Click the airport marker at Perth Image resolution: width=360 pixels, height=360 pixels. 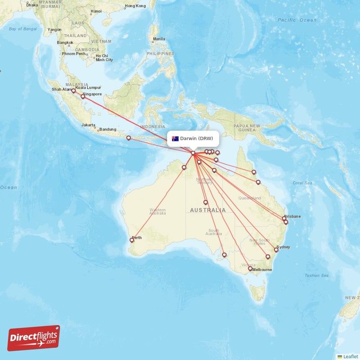click(132, 240)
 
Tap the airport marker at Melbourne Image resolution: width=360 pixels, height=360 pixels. click(250, 269)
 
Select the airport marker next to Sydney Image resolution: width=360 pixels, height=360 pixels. click(276, 250)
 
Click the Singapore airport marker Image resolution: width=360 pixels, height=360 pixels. click(83, 96)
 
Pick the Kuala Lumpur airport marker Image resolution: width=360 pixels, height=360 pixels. click(73, 90)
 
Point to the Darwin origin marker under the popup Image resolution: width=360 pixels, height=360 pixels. click(193, 153)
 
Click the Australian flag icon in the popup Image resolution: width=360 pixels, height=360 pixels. click(175, 139)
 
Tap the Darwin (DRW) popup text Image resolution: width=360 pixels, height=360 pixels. click(197, 139)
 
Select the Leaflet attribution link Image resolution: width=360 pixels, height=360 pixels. click(350, 356)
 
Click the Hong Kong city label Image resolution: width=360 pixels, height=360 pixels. click(135, 6)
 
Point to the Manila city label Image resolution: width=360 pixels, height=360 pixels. click(159, 39)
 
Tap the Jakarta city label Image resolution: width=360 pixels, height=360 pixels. click(88, 125)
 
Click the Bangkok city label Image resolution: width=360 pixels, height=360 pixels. click(65, 43)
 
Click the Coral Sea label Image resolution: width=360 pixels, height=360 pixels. click(302, 183)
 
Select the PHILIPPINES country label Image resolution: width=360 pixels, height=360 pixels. click(160, 54)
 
